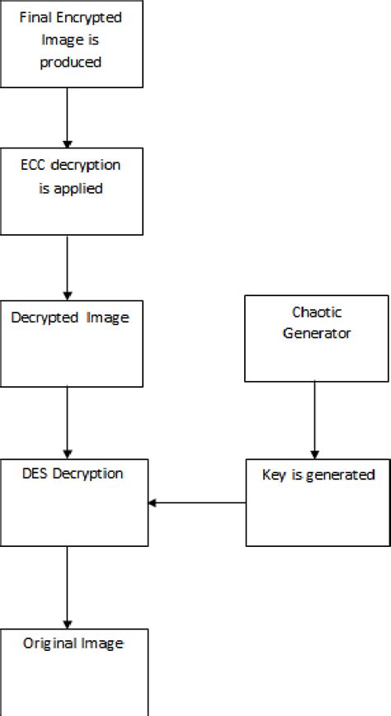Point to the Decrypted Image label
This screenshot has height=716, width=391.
tap(70, 318)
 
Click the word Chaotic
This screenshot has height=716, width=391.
tap(317, 312)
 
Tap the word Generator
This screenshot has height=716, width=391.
tap(317, 333)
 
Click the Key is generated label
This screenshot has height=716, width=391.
tap(318, 475)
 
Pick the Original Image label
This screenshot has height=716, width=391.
tap(73, 643)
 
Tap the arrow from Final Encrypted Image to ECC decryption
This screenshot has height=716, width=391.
tap(67, 117)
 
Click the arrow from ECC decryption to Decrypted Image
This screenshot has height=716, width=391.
tap(67, 267)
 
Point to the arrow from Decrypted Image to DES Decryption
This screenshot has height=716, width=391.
tap(67, 422)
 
